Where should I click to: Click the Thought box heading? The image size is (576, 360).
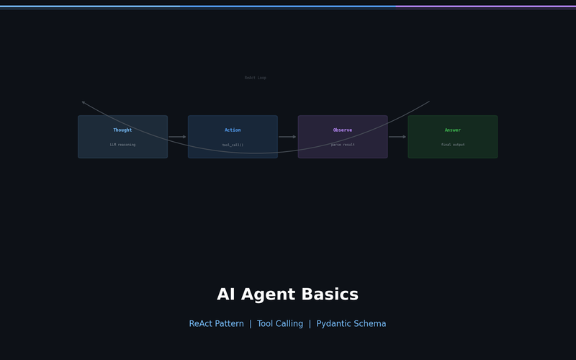coord(122,130)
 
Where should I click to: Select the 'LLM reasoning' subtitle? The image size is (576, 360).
coord(122,145)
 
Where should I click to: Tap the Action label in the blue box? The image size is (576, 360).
coord(233,130)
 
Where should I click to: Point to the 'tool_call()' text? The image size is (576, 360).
coord(233,145)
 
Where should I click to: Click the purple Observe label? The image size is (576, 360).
coord(343,130)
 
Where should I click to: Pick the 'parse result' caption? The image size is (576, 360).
coord(343,145)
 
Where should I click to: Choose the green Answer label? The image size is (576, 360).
coord(453,130)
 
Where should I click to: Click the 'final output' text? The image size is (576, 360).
coord(453,145)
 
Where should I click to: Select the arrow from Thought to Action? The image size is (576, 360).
coord(177,137)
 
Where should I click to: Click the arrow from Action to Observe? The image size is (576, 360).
coord(287,137)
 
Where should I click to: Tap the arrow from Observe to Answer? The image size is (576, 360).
coord(397,137)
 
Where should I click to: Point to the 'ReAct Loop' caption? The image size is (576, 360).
coord(255,78)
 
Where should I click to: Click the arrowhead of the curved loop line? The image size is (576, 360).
coord(83,102)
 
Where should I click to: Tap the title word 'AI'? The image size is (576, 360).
coord(227,295)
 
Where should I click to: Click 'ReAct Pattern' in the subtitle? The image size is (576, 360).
coord(216,324)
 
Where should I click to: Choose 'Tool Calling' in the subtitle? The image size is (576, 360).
coord(280,324)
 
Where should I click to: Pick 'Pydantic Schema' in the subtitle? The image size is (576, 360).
coord(351,324)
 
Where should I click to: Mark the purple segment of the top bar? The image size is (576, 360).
coord(486,6)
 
